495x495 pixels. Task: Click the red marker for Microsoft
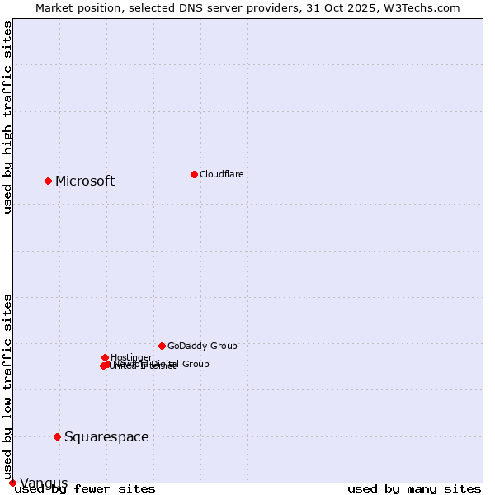[48, 181]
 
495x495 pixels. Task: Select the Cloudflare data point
[194, 174]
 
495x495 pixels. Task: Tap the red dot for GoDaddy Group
[162, 346]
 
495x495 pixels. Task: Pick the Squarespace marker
[57, 436]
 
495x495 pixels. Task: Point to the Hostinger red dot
[105, 357]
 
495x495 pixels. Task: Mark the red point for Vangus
[12, 483]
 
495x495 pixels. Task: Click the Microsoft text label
[85, 181]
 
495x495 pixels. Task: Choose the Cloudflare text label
[221, 174]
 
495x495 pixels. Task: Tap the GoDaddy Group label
[202, 346]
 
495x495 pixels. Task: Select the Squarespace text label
[106, 436]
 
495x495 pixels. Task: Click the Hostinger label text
[131, 357]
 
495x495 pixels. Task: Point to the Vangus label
[44, 483]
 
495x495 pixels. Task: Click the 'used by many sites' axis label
[414, 488]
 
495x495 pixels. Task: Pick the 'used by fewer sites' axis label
[85, 488]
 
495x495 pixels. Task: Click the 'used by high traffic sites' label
[8, 117]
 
